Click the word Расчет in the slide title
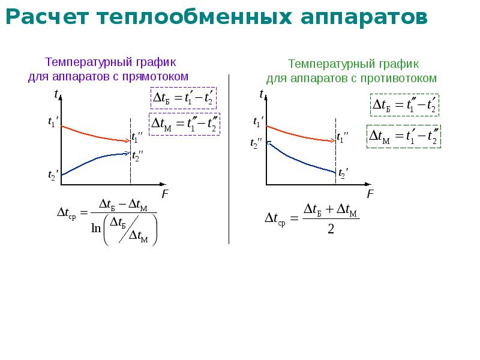[47, 17]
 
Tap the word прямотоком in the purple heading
[155, 77]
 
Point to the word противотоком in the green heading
[398, 79]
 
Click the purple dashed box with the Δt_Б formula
[184, 98]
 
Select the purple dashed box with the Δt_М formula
[184, 124]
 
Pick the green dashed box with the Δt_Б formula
[404, 105]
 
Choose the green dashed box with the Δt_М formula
[404, 136]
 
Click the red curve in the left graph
[94, 135]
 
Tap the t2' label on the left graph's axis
[53, 175]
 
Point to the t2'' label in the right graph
[256, 143]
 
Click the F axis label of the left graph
[165, 194]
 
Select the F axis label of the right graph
[370, 194]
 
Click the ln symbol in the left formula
[96, 228]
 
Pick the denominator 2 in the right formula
[331, 229]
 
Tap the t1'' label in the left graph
[137, 137]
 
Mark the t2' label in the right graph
[343, 173]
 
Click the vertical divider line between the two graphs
[229, 159]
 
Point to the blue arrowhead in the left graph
[128, 153]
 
